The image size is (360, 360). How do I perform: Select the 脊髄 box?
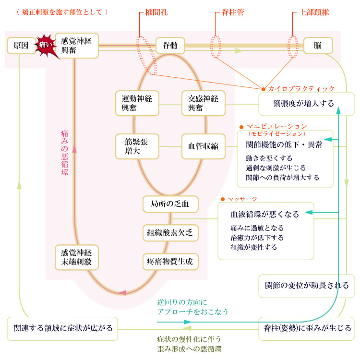point(170,46)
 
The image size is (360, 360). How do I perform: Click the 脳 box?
point(317,46)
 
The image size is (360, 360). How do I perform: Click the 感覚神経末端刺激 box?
point(76,258)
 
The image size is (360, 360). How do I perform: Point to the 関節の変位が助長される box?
point(307,286)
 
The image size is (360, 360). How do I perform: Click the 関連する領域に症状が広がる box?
point(63,328)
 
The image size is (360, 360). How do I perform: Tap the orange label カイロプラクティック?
point(301,89)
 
